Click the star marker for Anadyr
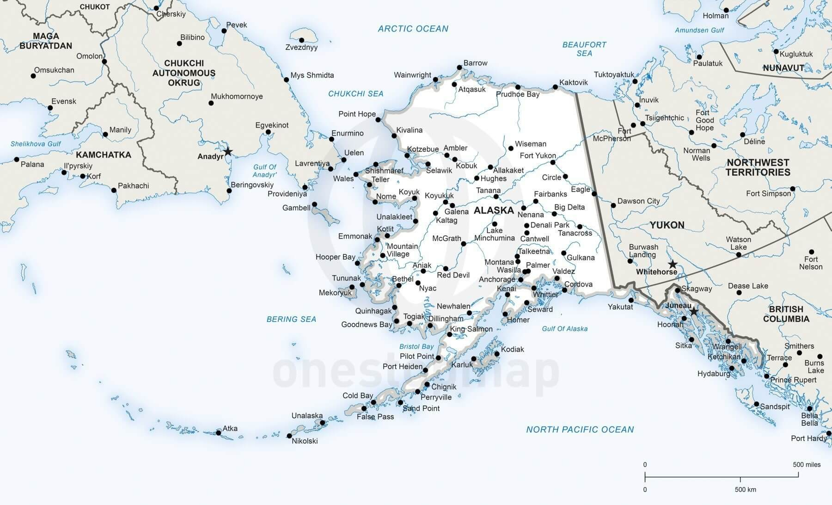tap(228, 152)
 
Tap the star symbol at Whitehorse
tap(673, 265)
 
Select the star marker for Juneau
tap(694, 312)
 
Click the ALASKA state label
tap(494, 210)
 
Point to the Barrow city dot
tap(459, 68)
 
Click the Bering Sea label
tap(291, 319)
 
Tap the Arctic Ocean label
tap(413, 29)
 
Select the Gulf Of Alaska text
tap(564, 329)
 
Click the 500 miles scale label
tap(807, 465)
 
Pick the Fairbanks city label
tap(550, 194)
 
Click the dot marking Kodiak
tap(497, 354)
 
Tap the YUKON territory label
tap(667, 225)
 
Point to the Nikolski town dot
tap(289, 436)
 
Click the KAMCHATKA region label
tap(104, 155)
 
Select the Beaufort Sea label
tap(584, 49)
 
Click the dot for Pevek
tap(224, 31)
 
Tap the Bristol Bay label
tap(416, 346)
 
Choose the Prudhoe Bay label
tap(518, 94)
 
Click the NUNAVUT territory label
tap(783, 68)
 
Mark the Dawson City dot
tap(613, 205)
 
